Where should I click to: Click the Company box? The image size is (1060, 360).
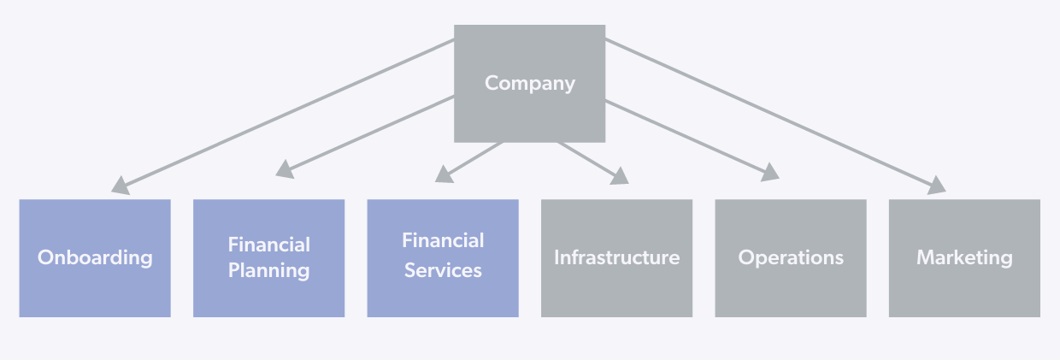529,84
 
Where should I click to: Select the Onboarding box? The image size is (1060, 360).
95,258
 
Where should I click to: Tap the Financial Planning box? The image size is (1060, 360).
268,258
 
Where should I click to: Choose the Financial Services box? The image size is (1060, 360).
443,258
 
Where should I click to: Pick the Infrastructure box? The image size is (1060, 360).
616,258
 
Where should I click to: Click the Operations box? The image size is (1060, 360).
791,258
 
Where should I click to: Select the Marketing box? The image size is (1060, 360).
964,258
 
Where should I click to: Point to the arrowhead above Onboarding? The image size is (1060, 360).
121,186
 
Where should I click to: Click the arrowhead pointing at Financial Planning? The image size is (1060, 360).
285,169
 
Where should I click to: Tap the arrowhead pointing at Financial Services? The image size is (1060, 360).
445,174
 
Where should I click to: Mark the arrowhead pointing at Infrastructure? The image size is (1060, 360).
620,176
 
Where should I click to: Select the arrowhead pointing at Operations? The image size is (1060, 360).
770,172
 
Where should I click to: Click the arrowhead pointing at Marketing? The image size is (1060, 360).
937,185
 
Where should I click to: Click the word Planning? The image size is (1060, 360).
268,271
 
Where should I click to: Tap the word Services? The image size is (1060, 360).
443,270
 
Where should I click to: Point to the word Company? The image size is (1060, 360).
529,84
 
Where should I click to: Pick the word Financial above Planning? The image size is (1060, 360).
268,245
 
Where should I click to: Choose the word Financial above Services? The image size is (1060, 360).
443,240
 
